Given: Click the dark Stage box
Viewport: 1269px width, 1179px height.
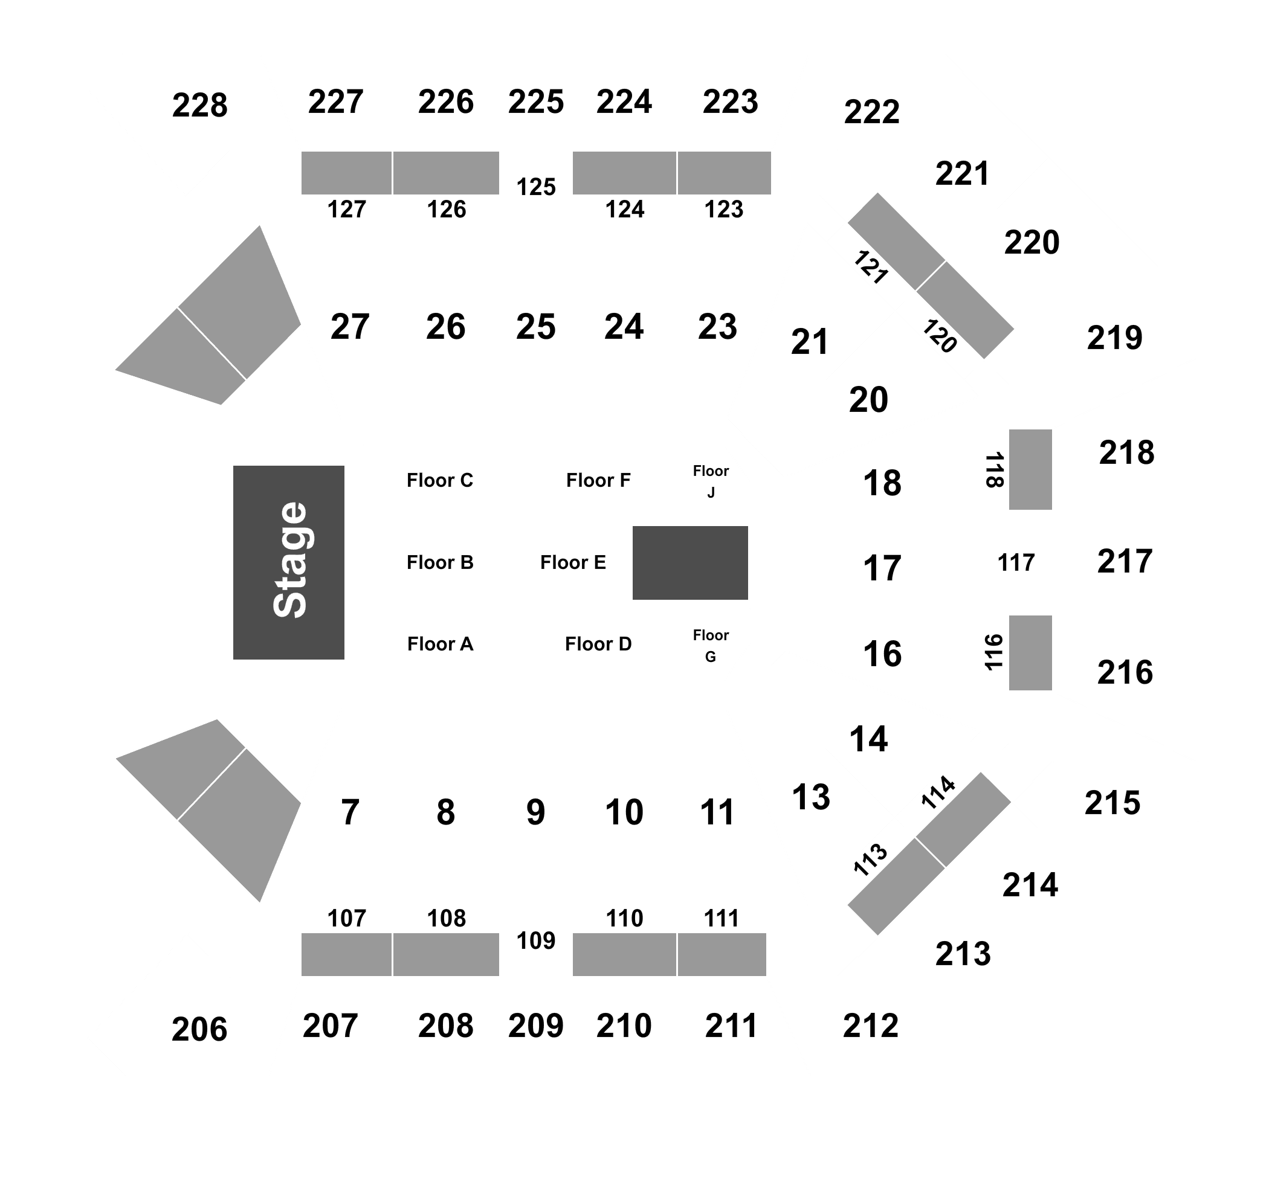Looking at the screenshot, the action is pyautogui.click(x=288, y=562).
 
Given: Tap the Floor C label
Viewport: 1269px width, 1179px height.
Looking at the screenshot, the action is pyautogui.click(x=440, y=480).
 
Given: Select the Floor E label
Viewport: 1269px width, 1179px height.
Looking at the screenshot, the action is pyautogui.click(x=573, y=562).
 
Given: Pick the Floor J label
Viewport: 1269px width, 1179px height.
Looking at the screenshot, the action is pyautogui.click(x=711, y=481).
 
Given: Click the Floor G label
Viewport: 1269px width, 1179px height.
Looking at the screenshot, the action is pyautogui.click(x=711, y=646).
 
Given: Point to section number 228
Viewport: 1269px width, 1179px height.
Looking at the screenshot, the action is pyautogui.click(x=200, y=105).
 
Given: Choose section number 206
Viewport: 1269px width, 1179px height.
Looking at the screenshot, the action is pyautogui.click(x=199, y=1029).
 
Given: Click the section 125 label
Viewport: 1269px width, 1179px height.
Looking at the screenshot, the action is pyautogui.click(x=536, y=187).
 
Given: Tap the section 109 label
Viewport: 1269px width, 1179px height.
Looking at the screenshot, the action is pyautogui.click(x=536, y=940).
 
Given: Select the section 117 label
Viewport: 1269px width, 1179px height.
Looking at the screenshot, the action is pyautogui.click(x=1016, y=563).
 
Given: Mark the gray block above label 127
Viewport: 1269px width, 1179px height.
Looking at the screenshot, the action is pyautogui.click(x=347, y=173).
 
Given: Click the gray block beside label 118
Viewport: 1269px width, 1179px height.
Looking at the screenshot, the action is pyautogui.click(x=1030, y=469).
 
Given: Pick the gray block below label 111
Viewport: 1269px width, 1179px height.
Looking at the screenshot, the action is pyautogui.click(x=722, y=954).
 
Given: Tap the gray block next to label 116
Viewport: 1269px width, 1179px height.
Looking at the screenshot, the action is pyautogui.click(x=1030, y=653).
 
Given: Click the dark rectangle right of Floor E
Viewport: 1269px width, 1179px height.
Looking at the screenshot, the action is pyautogui.click(x=690, y=563).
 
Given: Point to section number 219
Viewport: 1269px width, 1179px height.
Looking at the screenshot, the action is pyautogui.click(x=1114, y=338).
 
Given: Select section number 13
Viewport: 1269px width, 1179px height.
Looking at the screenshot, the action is pyautogui.click(x=811, y=797).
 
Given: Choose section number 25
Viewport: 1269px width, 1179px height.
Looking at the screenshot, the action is pyautogui.click(x=535, y=327).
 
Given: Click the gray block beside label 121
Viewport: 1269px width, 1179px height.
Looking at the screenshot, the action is pyautogui.click(x=897, y=242).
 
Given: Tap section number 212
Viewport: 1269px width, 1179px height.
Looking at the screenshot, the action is pyautogui.click(x=871, y=1025).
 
